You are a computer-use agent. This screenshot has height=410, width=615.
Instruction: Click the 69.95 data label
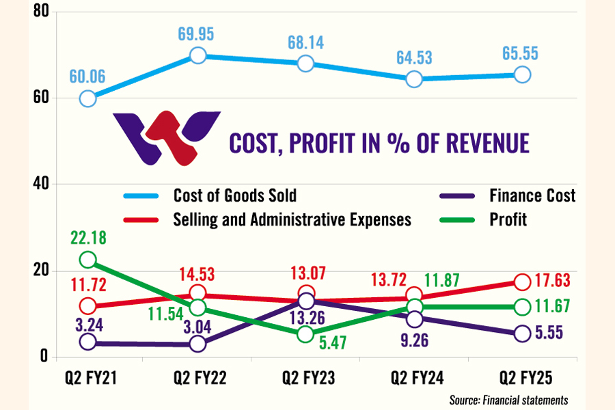[197, 31]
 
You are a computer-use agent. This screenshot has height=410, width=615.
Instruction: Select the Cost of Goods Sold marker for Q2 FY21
[87, 98]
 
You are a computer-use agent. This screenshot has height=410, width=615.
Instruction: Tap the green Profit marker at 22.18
[87, 260]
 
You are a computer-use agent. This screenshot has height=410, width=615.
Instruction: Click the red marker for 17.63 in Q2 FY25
[522, 281]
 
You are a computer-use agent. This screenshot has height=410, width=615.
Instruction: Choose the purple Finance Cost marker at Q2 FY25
[522, 333]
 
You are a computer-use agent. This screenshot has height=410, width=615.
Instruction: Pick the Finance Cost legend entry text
[533, 196]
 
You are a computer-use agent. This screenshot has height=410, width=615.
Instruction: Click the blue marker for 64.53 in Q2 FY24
[413, 79]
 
